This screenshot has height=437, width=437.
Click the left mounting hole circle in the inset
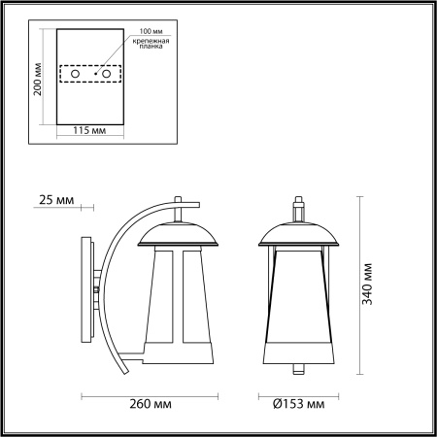[x=73, y=73]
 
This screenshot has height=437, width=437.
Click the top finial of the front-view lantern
[x=300, y=209]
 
